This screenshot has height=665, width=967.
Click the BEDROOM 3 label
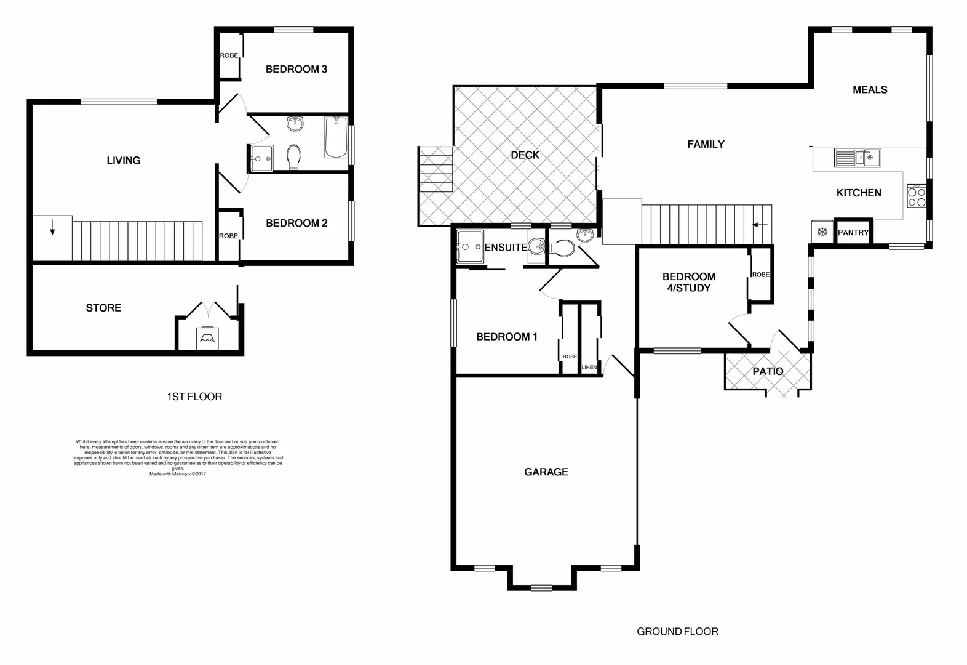pyautogui.click(x=296, y=69)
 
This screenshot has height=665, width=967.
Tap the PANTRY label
pyautogui.click(x=853, y=233)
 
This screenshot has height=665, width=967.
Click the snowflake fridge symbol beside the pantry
pyautogui.click(x=821, y=232)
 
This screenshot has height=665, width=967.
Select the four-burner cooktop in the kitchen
pyautogui.click(x=916, y=196)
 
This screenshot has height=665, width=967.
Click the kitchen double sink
pyautogui.click(x=857, y=158)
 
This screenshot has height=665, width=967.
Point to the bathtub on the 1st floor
pyautogui.click(x=335, y=137)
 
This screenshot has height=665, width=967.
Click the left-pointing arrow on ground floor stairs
pyautogui.click(x=760, y=225)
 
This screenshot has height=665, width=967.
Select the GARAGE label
pyautogui.click(x=546, y=472)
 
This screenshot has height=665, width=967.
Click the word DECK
pyautogui.click(x=525, y=155)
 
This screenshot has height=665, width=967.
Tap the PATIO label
pyautogui.click(x=768, y=371)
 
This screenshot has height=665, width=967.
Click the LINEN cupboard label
pyautogui.click(x=589, y=368)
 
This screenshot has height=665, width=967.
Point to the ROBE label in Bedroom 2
pyautogui.click(x=228, y=236)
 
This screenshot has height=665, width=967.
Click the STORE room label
pyautogui.click(x=103, y=308)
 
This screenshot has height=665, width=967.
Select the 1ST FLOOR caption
pyautogui.click(x=194, y=397)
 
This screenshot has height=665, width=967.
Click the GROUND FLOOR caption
pyautogui.click(x=677, y=631)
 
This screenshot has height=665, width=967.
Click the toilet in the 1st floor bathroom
pyautogui.click(x=295, y=156)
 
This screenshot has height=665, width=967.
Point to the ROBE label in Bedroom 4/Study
pyautogui.click(x=760, y=275)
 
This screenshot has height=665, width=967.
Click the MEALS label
pyautogui.click(x=870, y=90)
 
